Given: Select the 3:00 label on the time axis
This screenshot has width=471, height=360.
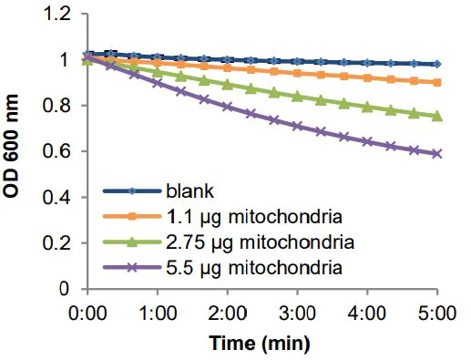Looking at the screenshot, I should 297,313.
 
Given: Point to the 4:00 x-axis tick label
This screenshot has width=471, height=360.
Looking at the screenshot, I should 367,313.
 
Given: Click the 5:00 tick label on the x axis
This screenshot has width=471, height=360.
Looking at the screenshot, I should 437,313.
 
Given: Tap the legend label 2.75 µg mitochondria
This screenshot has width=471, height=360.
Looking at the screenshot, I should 251,243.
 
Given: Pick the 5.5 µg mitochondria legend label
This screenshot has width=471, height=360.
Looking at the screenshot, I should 247,268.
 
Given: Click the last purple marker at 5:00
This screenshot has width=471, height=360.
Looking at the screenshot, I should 437,154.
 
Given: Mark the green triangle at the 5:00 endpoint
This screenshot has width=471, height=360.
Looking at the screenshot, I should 437,117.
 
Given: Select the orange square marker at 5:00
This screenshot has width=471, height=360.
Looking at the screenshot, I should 437,83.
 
